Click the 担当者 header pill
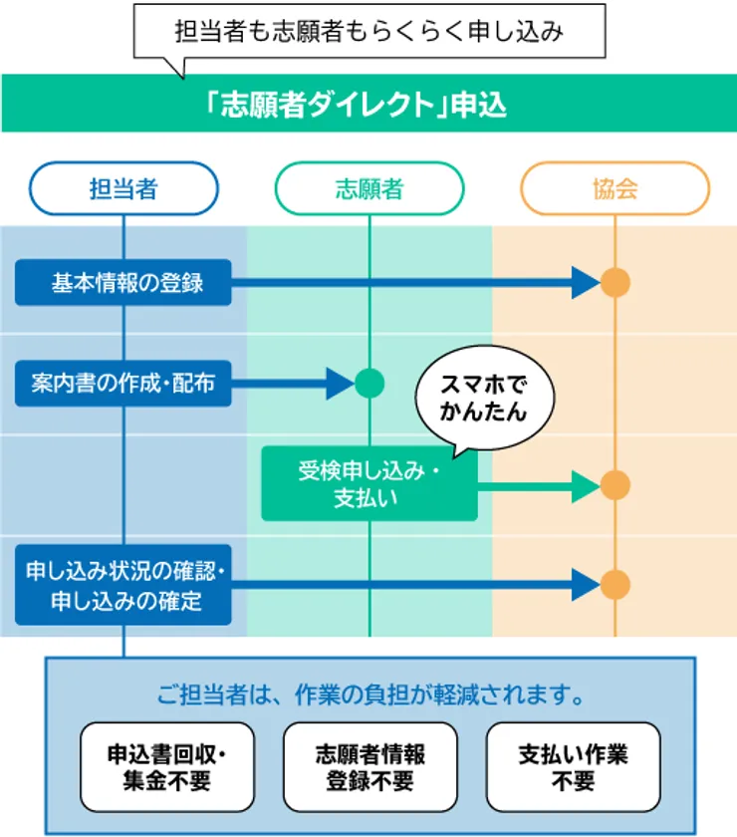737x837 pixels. tap(123, 189)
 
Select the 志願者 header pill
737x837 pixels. tap(369, 189)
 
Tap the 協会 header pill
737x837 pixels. tap(614, 189)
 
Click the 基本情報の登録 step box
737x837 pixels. tap(123, 283)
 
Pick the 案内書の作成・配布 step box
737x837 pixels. tap(123, 383)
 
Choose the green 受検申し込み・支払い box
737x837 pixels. tap(368, 483)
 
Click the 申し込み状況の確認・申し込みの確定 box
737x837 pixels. tap(123, 586)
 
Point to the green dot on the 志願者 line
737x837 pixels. tap(369, 383)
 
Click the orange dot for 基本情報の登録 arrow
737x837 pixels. tap(614, 283)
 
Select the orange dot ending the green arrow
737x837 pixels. tap(614, 485)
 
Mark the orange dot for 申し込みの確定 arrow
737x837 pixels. tap(614, 586)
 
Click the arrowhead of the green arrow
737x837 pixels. tap(585, 485)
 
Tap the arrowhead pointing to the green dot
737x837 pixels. tap(340, 383)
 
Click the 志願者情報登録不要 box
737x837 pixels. tap(369, 766)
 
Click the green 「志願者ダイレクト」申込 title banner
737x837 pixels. tap(368, 104)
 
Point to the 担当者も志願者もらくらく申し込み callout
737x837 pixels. tap(368, 32)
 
